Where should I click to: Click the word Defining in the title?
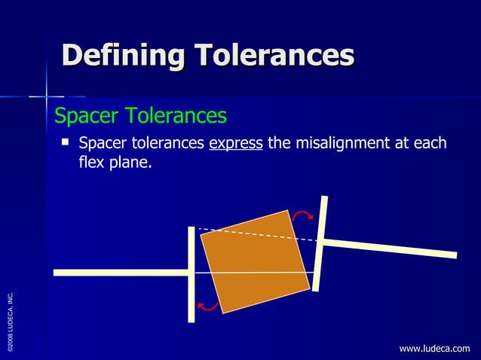124,56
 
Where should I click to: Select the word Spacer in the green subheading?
87,116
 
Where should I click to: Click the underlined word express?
235,144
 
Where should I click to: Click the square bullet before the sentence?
66,141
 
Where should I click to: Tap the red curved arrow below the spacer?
207,306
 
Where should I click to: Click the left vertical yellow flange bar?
191,274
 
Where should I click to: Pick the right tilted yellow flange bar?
320,243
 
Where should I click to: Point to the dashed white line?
256,233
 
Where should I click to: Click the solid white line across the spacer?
256,272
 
